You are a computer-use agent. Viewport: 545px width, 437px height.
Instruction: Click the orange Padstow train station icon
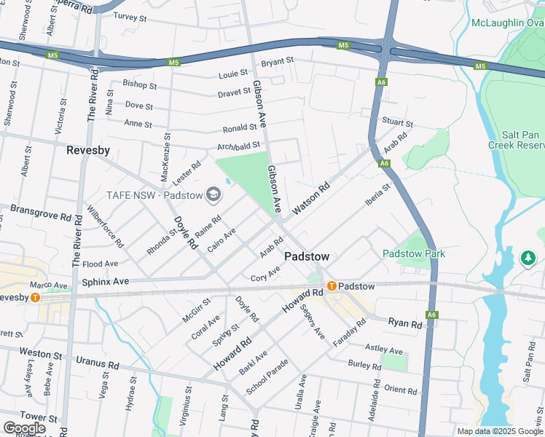[332, 286]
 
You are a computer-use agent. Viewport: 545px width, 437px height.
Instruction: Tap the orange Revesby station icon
[35, 297]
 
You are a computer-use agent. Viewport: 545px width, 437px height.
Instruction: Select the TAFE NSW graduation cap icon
[213, 194]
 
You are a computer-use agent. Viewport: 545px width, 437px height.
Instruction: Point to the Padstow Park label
[414, 253]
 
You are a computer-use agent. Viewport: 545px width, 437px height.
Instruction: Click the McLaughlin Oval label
[507, 23]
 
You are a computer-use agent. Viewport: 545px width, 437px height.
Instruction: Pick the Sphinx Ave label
[105, 281]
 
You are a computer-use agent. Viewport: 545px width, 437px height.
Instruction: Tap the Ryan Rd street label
[405, 323]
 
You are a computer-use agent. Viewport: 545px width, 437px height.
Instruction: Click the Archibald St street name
[238, 147]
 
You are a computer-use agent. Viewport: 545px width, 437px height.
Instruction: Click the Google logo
[23, 428]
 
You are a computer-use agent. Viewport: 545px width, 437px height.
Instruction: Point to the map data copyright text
[499, 431]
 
